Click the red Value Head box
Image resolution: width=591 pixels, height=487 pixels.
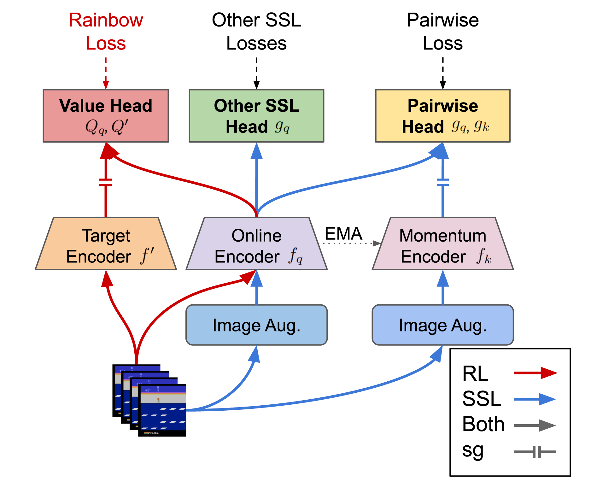coord(106,116)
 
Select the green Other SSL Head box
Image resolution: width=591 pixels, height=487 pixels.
coord(256,116)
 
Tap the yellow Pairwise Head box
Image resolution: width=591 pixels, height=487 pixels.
coord(442,116)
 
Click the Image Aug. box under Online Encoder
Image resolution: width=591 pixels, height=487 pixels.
coord(256,325)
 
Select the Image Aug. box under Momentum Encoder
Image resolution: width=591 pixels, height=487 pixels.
coord(442,325)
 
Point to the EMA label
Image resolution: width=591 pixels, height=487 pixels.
coord(343,234)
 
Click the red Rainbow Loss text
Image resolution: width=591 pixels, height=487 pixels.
coord(106,31)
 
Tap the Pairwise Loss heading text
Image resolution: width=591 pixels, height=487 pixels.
coord(442,31)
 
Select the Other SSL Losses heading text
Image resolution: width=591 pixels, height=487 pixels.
coord(256,31)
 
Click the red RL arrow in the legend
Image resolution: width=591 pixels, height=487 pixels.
coord(535,373)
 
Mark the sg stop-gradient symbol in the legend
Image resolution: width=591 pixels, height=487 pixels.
coord(535,452)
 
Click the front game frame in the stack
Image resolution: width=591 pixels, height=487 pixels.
coord(162,410)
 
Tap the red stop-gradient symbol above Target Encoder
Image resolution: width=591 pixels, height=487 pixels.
coord(106,182)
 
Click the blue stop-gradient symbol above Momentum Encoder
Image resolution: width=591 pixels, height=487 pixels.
coord(442,182)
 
